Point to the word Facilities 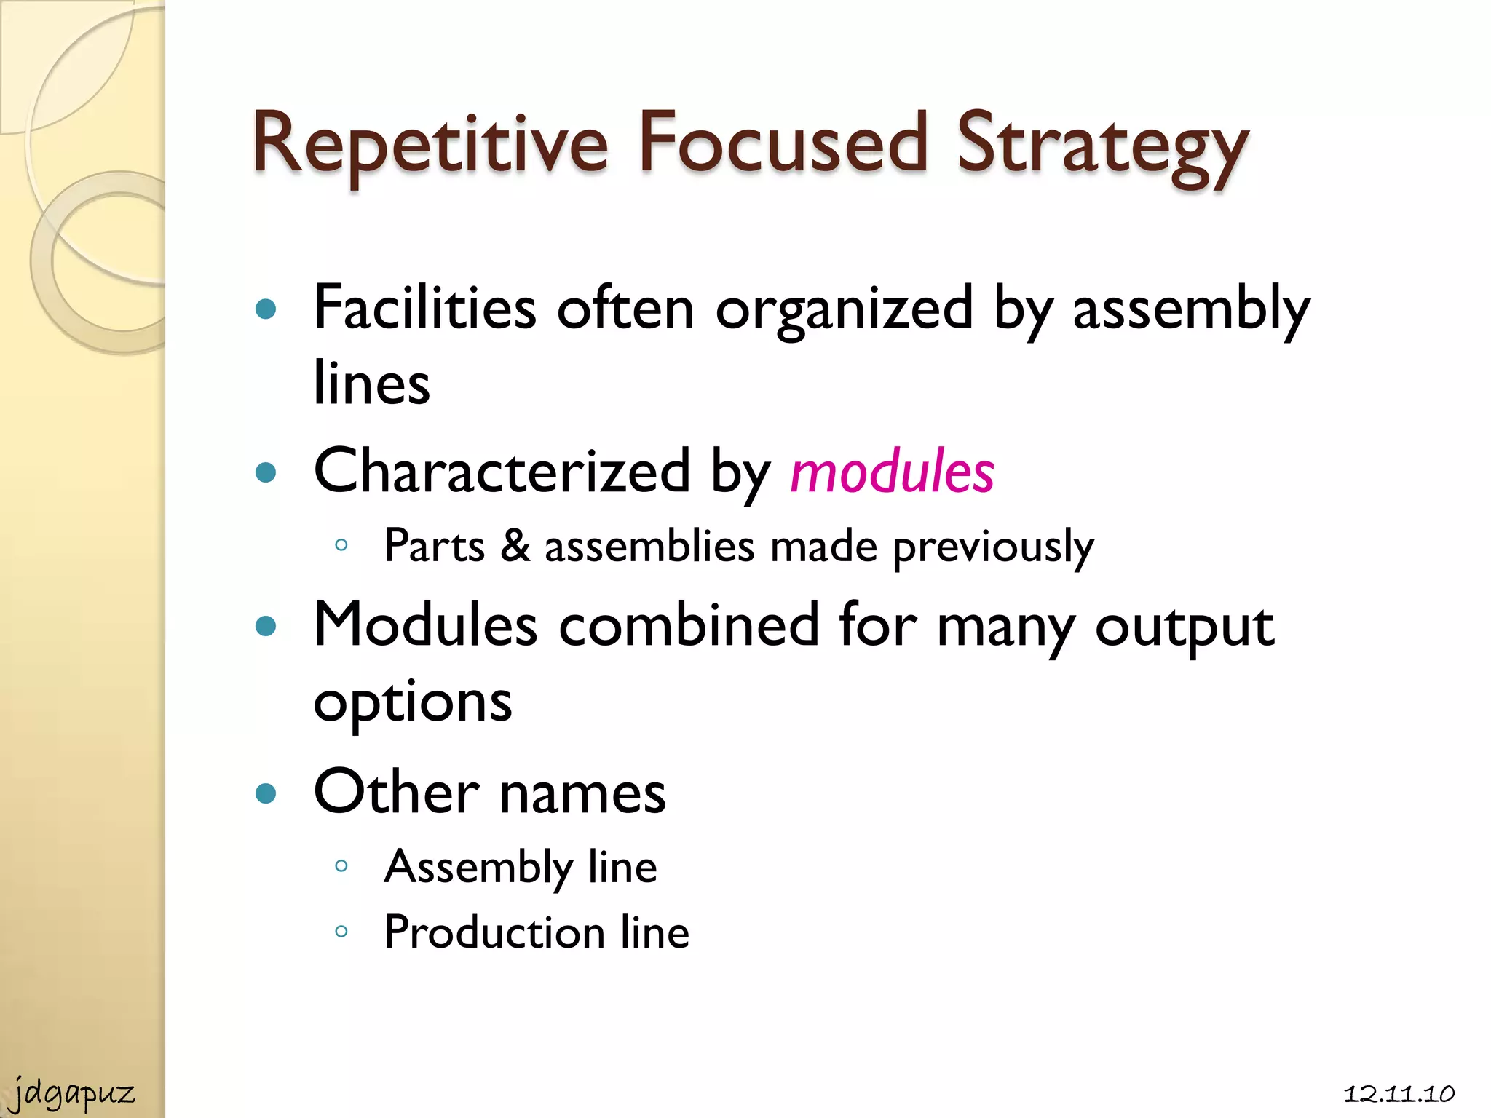coord(425,308)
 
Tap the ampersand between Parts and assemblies coord(515,545)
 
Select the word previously coord(993,547)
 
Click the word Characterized coord(502,472)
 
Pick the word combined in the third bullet coord(689,625)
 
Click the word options coord(413,703)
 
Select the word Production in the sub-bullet coord(494,932)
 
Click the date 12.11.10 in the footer coord(1399,1094)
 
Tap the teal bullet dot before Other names coord(266,793)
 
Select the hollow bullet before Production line coord(341,932)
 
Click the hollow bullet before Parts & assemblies coord(341,545)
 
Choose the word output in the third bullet coord(1185,625)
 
